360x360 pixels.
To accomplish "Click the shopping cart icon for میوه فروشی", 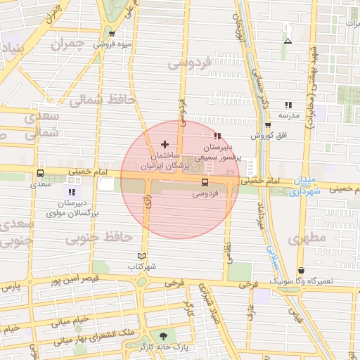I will [x=111, y=33].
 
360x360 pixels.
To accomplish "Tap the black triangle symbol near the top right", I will [x=287, y=41].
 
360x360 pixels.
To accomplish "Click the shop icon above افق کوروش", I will [x=268, y=124].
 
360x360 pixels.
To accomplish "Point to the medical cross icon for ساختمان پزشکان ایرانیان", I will [x=165, y=143].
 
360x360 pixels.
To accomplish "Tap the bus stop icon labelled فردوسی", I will [x=205, y=183].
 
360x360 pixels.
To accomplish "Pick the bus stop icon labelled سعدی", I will [x=40, y=173].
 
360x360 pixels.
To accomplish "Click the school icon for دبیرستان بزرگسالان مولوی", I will [x=71, y=191].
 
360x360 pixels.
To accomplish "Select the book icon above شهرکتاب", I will [x=142, y=257].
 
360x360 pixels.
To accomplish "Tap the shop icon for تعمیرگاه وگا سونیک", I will [x=302, y=270].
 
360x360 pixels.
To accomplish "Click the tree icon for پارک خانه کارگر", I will [x=164, y=336].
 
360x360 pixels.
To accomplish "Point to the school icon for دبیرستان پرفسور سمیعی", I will [x=217, y=136].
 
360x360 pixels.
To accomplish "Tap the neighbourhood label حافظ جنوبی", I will [x=89, y=239].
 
